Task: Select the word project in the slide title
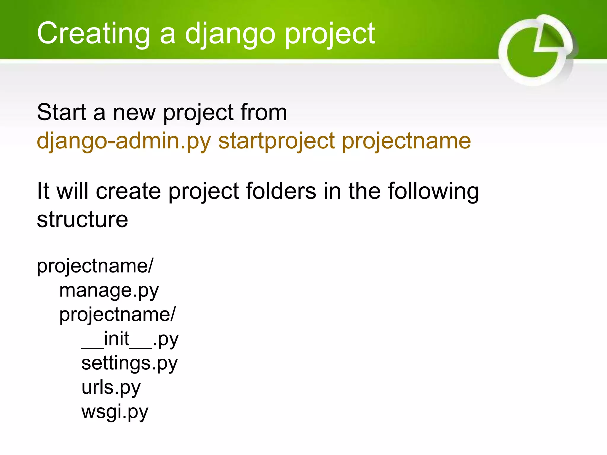point(330,34)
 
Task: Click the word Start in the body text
point(61,112)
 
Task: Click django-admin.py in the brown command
point(124,141)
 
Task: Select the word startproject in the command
point(276,141)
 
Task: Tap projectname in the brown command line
point(406,141)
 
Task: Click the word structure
point(82,220)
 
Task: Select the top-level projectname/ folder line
point(95,266)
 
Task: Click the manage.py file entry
point(109,291)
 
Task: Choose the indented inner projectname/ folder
point(117,315)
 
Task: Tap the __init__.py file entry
point(130,339)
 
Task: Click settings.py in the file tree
point(129,363)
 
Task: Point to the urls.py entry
point(111,388)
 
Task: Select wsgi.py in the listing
point(114,412)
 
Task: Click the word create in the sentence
point(128,191)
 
